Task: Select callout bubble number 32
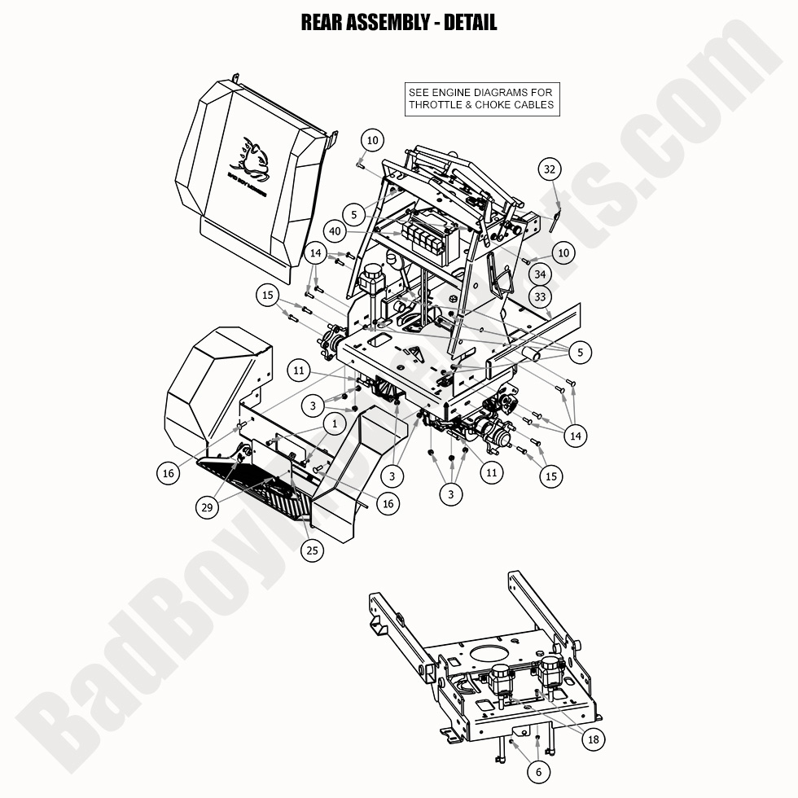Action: (x=550, y=169)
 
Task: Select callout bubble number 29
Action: (x=208, y=507)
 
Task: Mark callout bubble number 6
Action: (x=538, y=770)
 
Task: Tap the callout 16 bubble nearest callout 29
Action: (x=169, y=471)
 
